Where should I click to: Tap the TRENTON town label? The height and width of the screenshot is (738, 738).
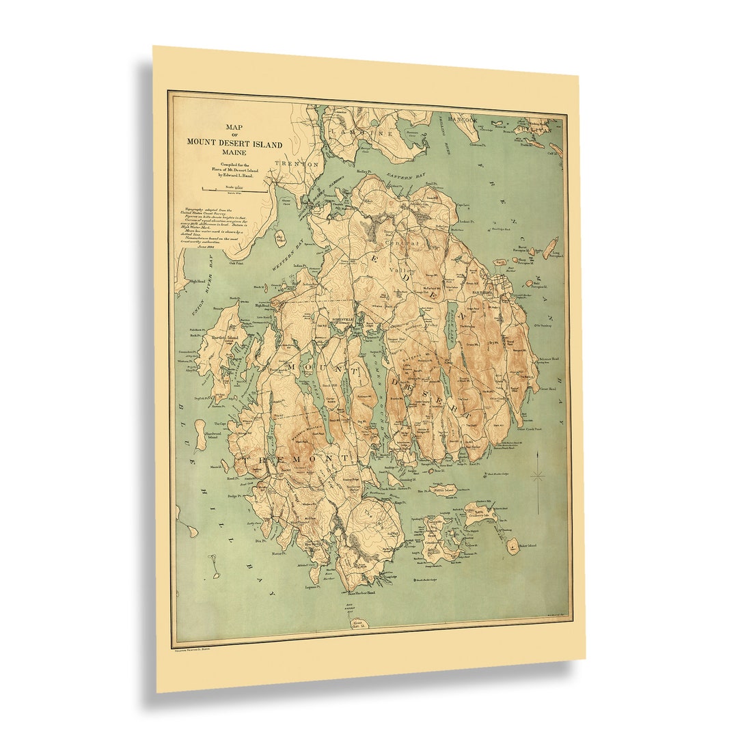pyautogui.click(x=297, y=165)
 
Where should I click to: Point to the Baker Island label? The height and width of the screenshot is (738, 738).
pyautogui.click(x=527, y=545)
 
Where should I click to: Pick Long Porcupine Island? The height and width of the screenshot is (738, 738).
pyautogui.click(x=551, y=248)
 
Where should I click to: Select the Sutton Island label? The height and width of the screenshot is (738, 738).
pyautogui.click(x=444, y=490)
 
